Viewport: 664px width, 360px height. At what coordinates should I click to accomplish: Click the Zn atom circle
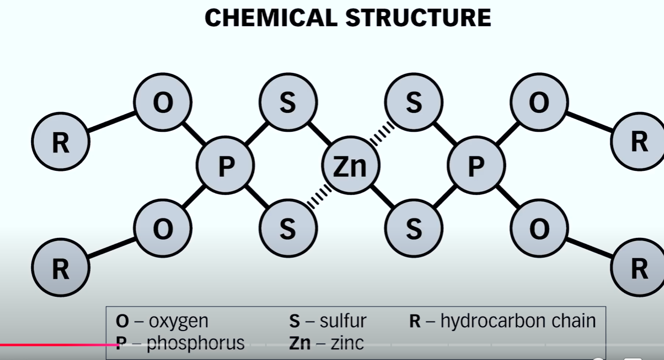(351, 167)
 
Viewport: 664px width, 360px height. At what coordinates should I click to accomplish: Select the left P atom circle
(225, 167)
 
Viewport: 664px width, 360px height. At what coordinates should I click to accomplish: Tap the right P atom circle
(476, 167)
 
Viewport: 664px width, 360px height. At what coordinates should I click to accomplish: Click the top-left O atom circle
(163, 103)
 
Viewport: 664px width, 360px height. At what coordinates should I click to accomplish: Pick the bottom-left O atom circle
(163, 229)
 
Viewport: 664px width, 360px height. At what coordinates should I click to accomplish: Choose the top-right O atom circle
(539, 103)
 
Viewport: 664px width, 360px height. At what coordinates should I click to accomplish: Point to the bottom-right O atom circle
(539, 229)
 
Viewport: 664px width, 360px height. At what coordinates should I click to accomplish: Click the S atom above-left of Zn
(288, 103)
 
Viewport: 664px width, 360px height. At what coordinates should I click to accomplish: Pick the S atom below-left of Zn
(288, 229)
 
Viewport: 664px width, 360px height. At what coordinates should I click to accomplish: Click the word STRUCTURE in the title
(418, 18)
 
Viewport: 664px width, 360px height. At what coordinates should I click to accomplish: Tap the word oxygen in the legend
(178, 321)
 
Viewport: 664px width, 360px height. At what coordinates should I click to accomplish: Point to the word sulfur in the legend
(343, 321)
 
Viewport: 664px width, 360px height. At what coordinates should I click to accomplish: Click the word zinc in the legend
(347, 342)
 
